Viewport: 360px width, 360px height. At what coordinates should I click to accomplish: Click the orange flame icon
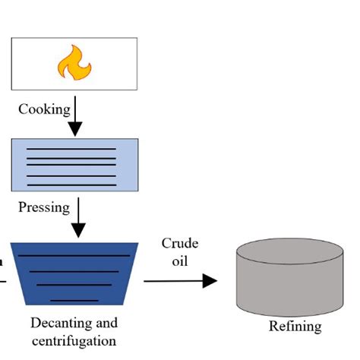click(x=74, y=63)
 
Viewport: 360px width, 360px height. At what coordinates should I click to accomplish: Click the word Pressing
click(x=44, y=207)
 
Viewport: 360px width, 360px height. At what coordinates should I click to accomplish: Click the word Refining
click(x=295, y=327)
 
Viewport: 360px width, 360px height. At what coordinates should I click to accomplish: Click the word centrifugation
click(x=74, y=341)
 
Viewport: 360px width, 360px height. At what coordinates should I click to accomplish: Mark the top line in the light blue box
click(x=71, y=148)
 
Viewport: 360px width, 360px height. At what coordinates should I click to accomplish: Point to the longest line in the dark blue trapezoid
click(x=74, y=256)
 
